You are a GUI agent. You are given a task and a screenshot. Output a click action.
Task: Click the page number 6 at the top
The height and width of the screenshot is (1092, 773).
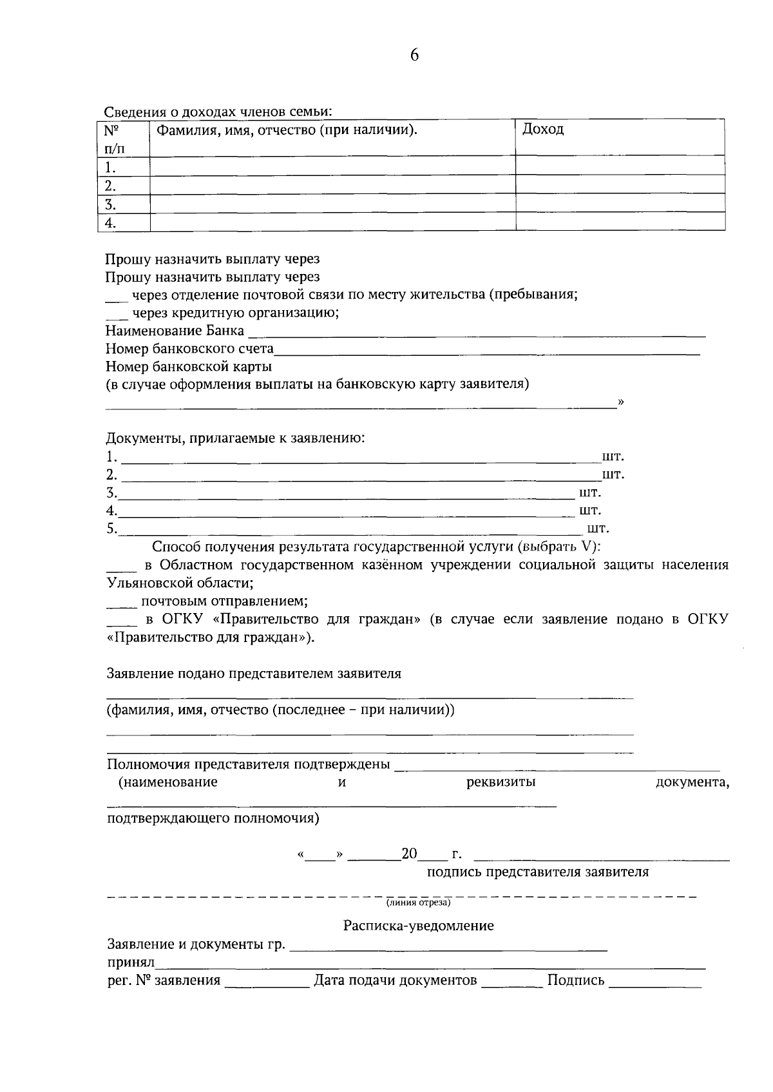click(x=414, y=55)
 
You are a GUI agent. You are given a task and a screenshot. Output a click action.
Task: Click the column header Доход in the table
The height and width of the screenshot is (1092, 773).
click(x=543, y=129)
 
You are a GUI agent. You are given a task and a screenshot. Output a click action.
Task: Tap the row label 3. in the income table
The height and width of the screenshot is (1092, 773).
click(x=111, y=205)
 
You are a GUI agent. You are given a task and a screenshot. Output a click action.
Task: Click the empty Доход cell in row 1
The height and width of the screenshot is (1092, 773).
click(x=620, y=167)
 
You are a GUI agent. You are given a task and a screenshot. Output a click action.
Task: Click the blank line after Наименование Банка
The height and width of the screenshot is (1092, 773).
click(x=477, y=333)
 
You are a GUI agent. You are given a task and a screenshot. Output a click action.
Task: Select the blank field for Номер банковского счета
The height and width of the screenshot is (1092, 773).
click(x=486, y=351)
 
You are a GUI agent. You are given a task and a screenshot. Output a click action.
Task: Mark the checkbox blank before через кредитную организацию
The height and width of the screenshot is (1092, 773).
click(x=116, y=315)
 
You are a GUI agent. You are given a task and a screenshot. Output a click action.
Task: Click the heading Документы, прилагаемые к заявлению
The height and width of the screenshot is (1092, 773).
click(x=236, y=439)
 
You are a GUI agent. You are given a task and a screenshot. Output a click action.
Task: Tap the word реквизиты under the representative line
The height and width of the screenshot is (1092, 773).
click(x=501, y=783)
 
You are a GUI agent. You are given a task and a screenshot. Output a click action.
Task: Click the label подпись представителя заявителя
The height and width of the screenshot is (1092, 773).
click(x=537, y=872)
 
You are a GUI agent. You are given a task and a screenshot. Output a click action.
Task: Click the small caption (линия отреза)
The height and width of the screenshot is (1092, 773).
click(x=418, y=902)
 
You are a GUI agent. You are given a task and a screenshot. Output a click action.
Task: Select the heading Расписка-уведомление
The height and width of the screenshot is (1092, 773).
click(x=418, y=926)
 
